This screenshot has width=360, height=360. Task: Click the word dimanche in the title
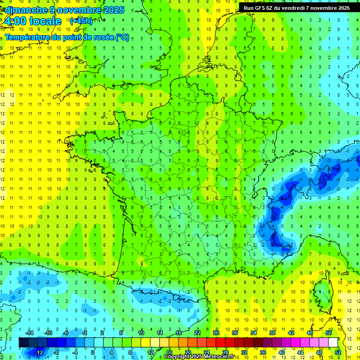23,9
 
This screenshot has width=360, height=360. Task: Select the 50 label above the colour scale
328,332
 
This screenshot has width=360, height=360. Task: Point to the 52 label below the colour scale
338,352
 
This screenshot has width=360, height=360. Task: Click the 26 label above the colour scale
216,332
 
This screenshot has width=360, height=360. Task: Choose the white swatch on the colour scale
333,342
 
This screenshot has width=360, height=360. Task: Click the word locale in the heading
45,21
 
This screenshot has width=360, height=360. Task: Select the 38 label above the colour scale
272,332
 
